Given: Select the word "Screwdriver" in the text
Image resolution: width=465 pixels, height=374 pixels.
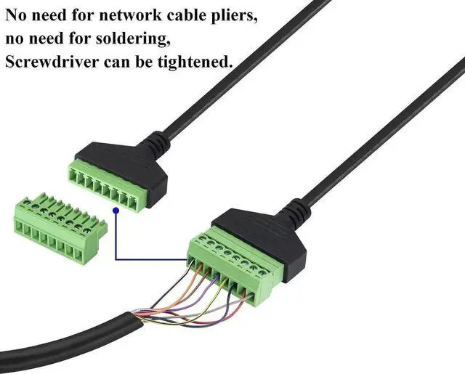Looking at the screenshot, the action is [x=50, y=62].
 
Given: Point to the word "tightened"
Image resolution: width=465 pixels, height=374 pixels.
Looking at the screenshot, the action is [x=195, y=62].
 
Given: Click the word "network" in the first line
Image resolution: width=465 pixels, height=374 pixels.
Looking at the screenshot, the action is [x=124, y=14].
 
